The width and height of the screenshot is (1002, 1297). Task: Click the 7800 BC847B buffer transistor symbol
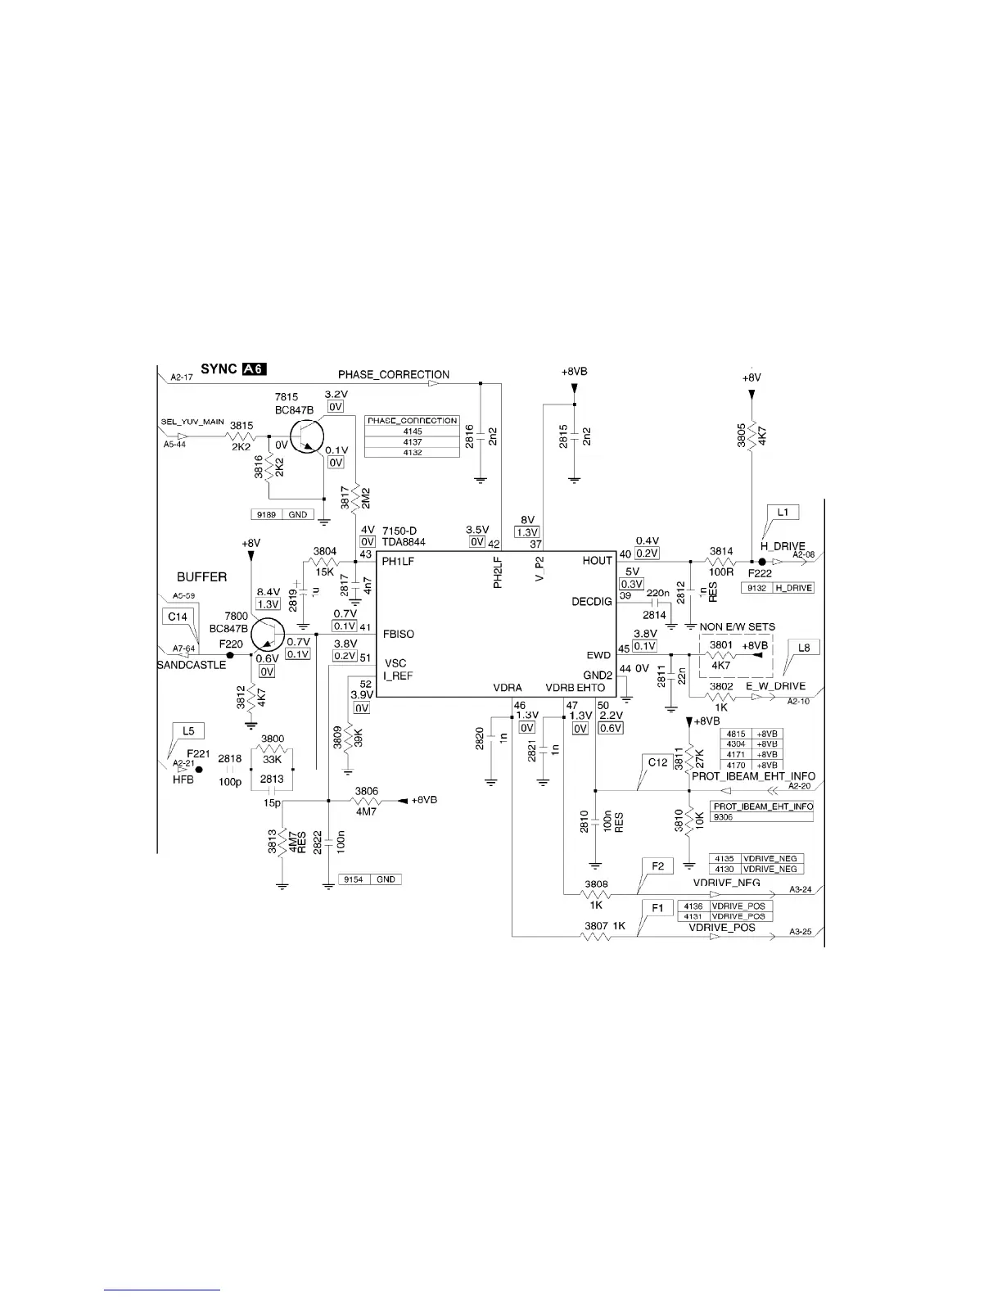pos(265,635)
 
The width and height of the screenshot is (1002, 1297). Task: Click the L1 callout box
pos(783,513)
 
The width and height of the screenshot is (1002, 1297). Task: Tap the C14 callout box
pos(177,616)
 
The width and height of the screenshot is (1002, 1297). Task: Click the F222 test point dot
pos(761,562)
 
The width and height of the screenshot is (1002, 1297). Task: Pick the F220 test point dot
pos(230,655)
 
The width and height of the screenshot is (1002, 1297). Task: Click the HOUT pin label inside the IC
pos(597,561)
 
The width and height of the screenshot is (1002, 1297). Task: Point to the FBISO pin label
pos(398,634)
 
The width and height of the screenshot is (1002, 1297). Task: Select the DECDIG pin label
pos(591,602)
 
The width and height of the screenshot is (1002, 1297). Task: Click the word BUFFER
pos(201,577)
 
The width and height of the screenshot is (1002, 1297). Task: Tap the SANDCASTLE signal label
pos(192,666)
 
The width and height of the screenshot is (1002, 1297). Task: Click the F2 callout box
pos(657,865)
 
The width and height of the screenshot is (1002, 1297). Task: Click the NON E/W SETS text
pos(738,627)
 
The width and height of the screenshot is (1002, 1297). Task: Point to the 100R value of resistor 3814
pos(721,572)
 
